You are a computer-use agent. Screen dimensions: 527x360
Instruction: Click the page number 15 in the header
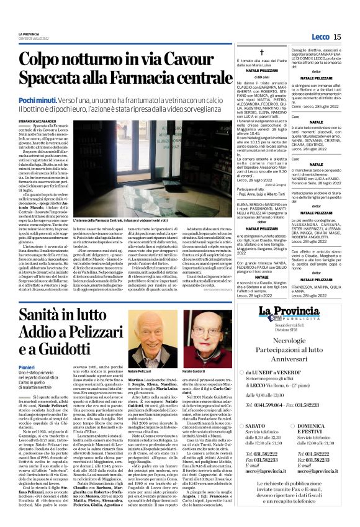tap(337, 37)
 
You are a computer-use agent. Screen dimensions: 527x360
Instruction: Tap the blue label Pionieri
tap(27, 385)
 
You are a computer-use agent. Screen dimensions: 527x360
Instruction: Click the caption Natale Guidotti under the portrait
tap(194, 371)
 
